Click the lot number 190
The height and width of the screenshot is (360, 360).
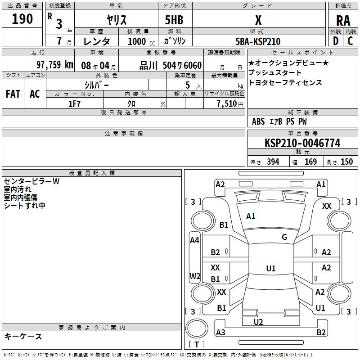coord(22,19)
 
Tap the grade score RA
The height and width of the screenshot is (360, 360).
coord(343,21)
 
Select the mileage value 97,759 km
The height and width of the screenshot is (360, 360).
coord(55,65)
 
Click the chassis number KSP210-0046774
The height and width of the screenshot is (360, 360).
coord(302,143)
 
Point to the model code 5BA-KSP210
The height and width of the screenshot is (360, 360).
coord(258,41)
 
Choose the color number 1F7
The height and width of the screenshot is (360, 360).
coord(74,104)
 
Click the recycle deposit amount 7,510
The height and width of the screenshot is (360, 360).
coord(227,104)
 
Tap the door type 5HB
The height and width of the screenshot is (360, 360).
coord(174,20)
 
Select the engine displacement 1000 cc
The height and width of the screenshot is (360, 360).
coord(141,41)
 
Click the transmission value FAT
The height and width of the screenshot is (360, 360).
coord(13,94)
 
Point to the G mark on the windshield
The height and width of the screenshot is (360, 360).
coord(284,237)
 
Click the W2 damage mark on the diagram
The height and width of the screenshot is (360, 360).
coord(195,276)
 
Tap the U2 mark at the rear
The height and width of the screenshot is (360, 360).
coord(258,322)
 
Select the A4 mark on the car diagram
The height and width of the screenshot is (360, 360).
coord(194,240)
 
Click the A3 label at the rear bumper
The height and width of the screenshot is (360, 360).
coord(220,332)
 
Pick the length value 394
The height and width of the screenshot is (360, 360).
coord(273,162)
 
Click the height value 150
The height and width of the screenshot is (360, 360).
coord(346,162)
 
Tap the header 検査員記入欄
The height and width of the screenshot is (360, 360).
coord(92,173)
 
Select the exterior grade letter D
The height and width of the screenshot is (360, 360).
coord(336,41)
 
